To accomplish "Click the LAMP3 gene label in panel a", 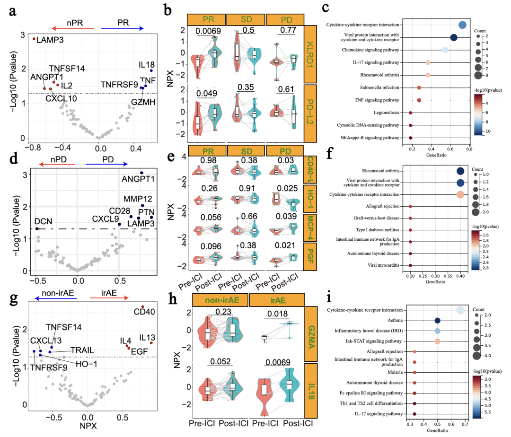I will click(50, 40).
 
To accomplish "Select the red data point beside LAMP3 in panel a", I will click(34, 38).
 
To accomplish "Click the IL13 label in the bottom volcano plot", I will click(147, 337).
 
